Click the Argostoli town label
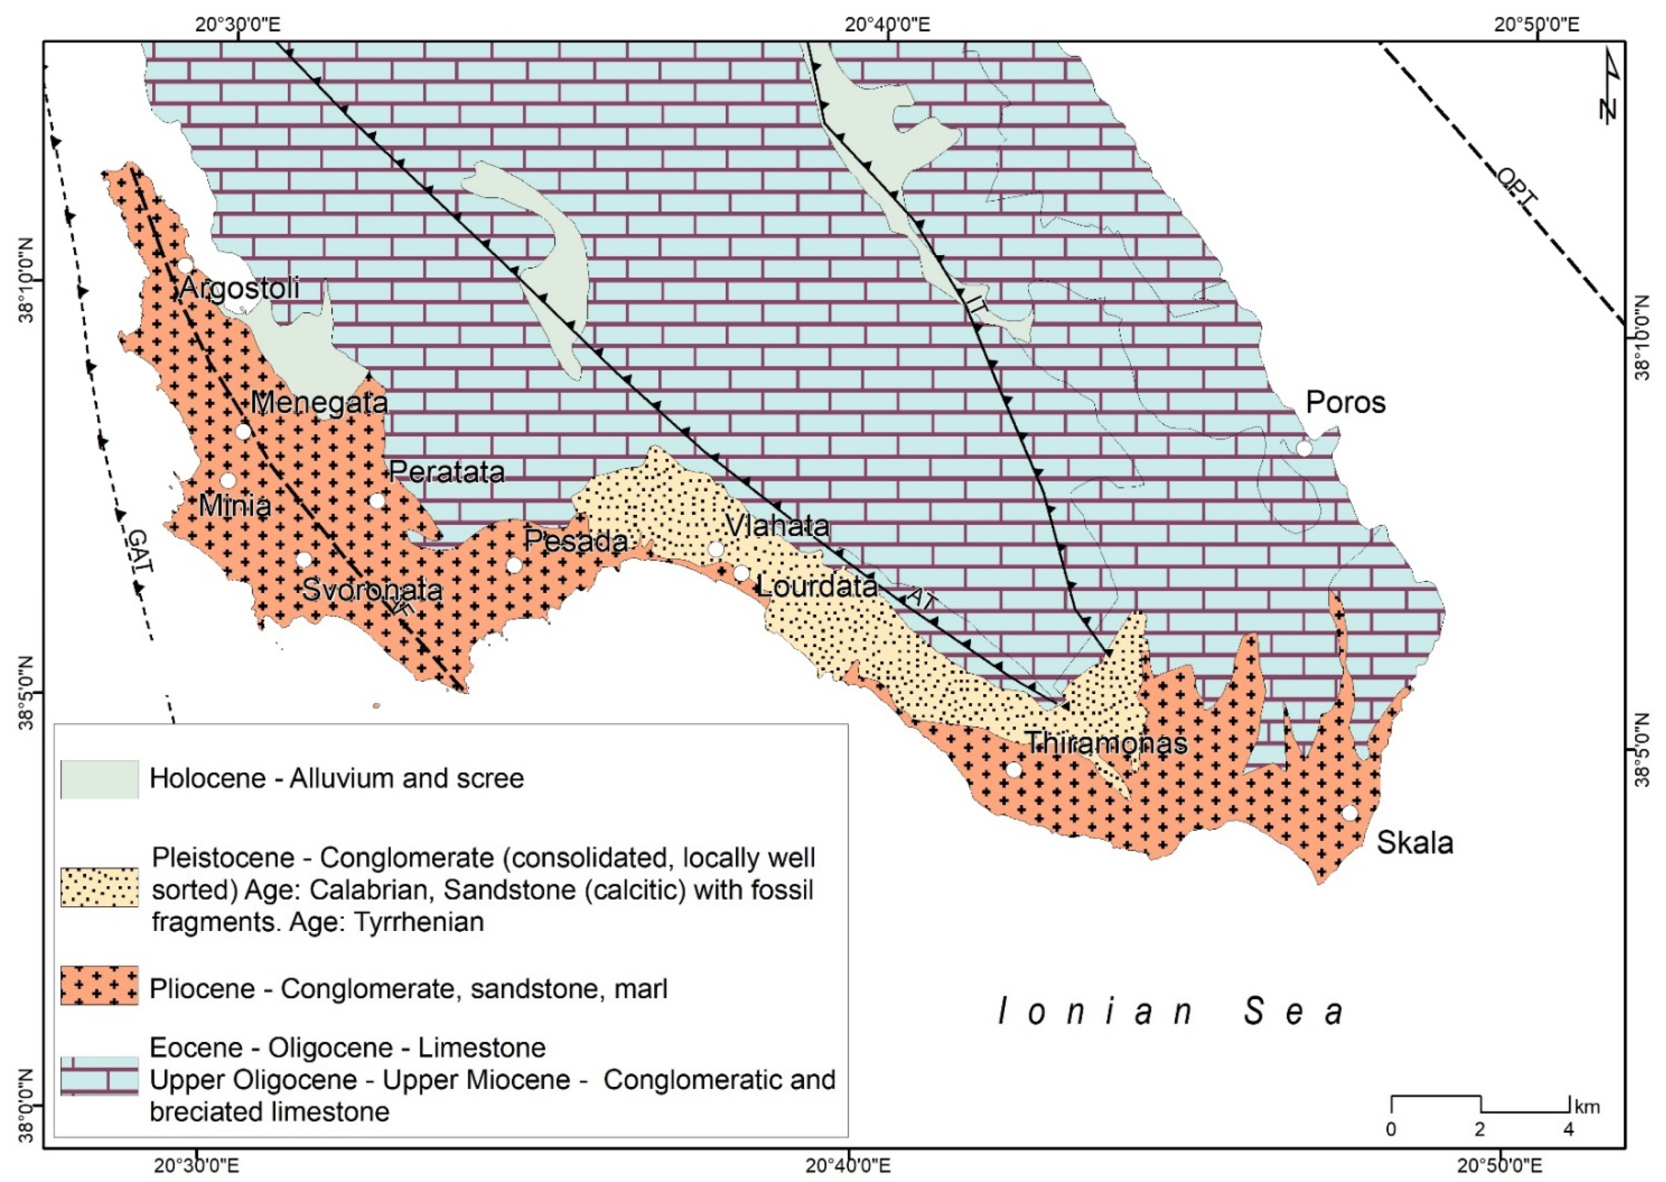pos(239,288)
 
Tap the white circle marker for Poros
pos(1303,449)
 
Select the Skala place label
pos(1415,843)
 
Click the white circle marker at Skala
pos(1350,813)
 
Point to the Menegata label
pos(319,403)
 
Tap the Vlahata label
pos(777,526)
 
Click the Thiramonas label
pos(1107,743)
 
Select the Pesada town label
pos(576,541)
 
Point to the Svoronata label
pos(372,589)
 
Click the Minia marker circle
pos(228,480)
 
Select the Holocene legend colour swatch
pos(100,779)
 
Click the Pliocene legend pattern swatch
pos(100,986)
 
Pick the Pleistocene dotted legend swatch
pos(100,887)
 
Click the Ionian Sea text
pos(1171,1012)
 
